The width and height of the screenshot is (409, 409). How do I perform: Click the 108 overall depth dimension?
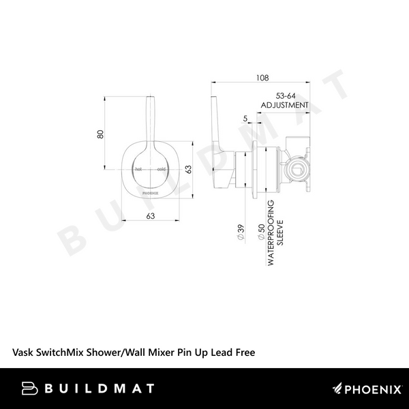point(262,78)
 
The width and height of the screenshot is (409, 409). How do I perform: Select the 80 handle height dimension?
point(100,134)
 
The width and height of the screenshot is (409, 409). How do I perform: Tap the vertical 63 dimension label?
point(188,169)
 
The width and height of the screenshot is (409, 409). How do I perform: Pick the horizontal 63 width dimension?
point(151,215)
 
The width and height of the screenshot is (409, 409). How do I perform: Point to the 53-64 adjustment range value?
point(286,96)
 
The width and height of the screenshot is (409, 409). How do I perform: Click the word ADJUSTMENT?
point(284,105)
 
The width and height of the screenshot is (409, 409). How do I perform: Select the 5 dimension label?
point(245,119)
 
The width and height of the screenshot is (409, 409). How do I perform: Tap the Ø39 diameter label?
point(241,232)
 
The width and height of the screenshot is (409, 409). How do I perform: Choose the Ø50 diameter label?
point(261,232)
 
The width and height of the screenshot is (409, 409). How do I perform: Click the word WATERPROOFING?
point(271,233)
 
